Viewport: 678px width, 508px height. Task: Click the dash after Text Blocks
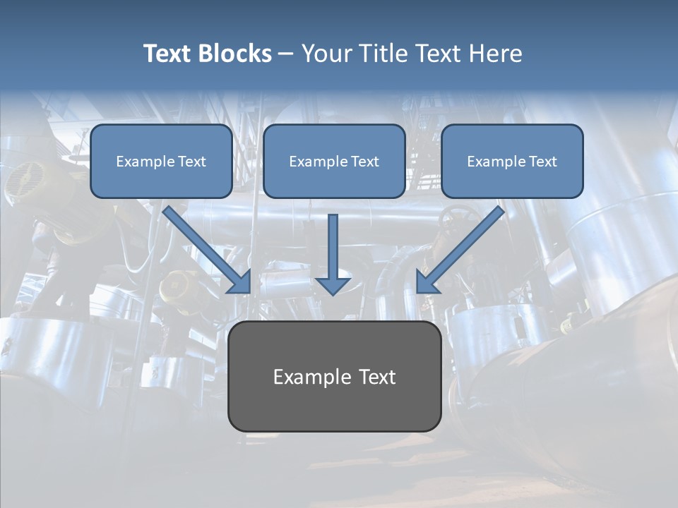286,54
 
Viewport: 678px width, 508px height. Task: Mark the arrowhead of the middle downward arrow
333,285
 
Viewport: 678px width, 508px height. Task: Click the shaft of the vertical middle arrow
333,243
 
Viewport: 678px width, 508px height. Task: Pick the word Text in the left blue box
192,162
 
